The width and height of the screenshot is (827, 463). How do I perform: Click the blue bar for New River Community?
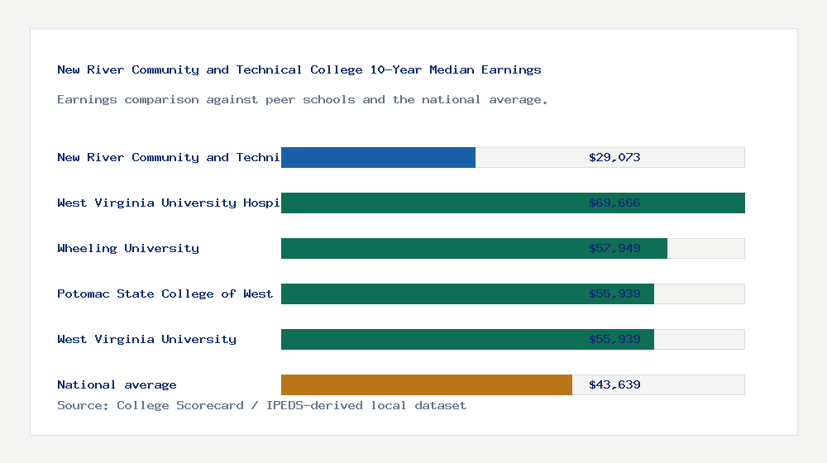(x=378, y=157)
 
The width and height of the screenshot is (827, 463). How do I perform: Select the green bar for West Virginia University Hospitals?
(x=430, y=203)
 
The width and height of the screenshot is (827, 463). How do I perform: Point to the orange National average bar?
(x=426, y=384)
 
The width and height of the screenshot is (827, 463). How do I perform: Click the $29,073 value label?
(x=614, y=157)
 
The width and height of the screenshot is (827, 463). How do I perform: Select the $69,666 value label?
(x=614, y=203)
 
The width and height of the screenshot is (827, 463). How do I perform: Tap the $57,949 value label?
(x=614, y=248)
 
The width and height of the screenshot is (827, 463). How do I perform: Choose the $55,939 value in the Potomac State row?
(x=614, y=294)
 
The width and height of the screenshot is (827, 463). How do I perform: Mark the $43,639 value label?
(x=614, y=384)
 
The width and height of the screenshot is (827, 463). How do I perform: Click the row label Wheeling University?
(x=128, y=248)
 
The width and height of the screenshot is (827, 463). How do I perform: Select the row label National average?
(x=117, y=384)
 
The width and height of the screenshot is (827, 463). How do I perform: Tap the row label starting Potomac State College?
(x=165, y=294)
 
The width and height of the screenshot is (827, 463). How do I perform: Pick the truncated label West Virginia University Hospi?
(x=169, y=203)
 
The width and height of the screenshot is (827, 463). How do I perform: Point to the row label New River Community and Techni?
(x=169, y=157)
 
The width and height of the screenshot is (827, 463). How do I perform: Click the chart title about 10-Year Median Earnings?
(x=299, y=69)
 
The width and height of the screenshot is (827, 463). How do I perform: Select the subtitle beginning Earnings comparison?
(x=303, y=99)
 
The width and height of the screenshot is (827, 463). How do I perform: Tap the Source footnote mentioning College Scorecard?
(x=261, y=405)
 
